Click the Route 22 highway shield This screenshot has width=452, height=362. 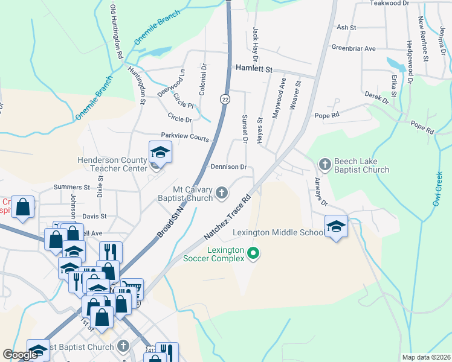224,100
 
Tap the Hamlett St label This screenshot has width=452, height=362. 255,69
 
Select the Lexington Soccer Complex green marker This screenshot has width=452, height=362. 253,253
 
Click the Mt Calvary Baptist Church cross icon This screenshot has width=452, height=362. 222,193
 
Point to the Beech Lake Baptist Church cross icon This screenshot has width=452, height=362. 324,164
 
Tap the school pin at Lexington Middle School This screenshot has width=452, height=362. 337,226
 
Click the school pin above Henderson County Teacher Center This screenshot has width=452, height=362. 160,152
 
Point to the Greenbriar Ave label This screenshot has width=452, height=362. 354,48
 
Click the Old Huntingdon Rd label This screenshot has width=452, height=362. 117,32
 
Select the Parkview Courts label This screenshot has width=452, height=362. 184,137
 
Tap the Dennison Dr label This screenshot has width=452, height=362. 228,167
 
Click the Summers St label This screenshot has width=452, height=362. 72,187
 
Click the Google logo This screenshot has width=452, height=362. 21,355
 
